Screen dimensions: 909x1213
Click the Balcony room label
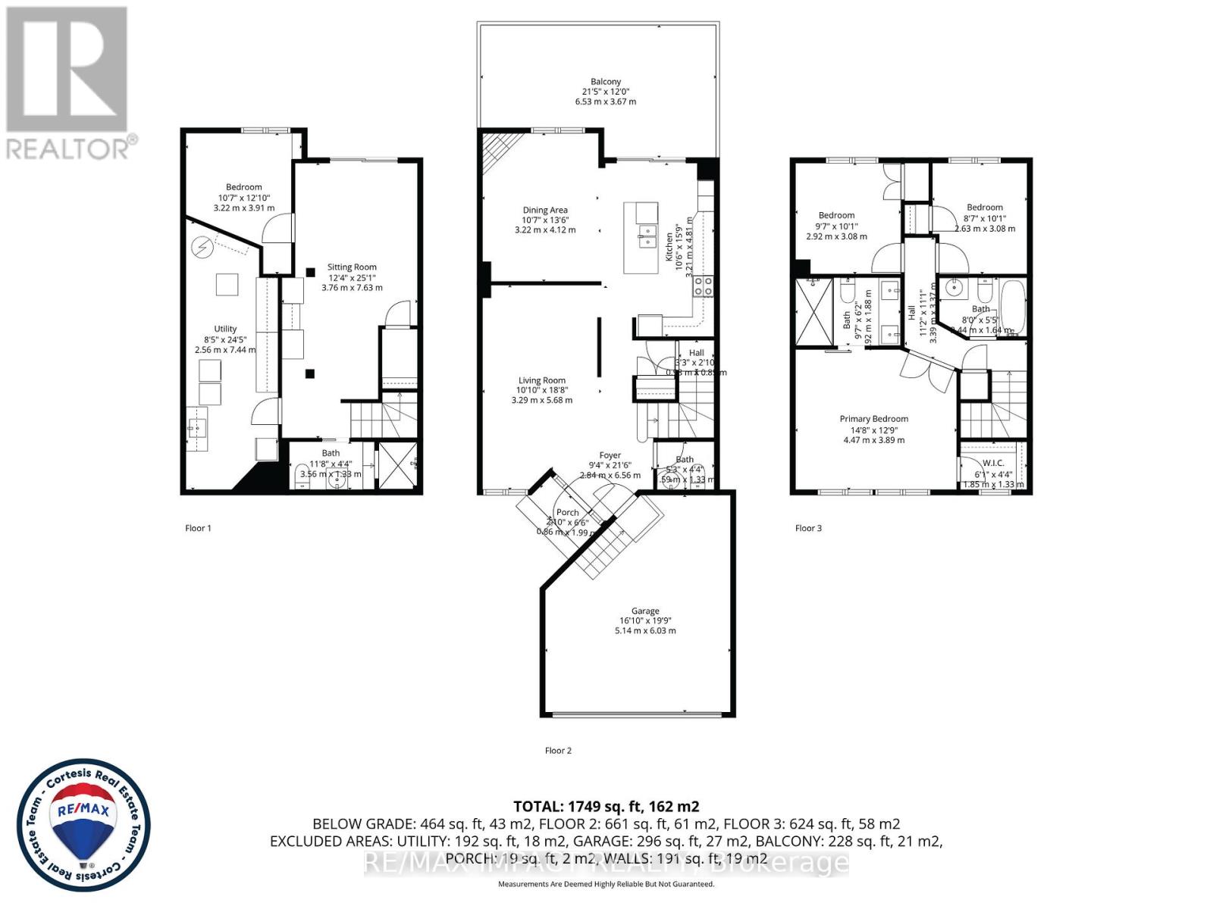coord(606,82)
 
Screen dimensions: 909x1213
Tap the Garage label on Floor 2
coord(645,611)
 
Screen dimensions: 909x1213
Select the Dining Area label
coord(544,211)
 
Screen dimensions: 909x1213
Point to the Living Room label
coord(541,381)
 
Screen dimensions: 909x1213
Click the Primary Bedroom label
coord(873,419)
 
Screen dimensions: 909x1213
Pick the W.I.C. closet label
coord(992,464)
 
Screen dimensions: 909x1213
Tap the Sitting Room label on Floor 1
coord(352,267)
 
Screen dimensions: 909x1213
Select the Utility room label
coord(225,330)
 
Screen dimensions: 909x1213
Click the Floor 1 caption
coord(198,528)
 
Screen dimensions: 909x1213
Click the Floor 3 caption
coord(808,528)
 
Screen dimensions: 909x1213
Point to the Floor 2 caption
coord(558,751)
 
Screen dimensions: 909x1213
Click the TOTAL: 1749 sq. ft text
coord(606,807)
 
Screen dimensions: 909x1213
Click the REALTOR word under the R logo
coord(68,148)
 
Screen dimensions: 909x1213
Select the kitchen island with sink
coord(641,237)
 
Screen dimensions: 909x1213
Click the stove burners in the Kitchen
coord(704,286)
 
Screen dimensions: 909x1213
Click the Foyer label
coord(610,456)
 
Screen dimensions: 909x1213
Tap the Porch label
coord(567,513)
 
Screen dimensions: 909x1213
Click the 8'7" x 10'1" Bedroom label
coord(984,208)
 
